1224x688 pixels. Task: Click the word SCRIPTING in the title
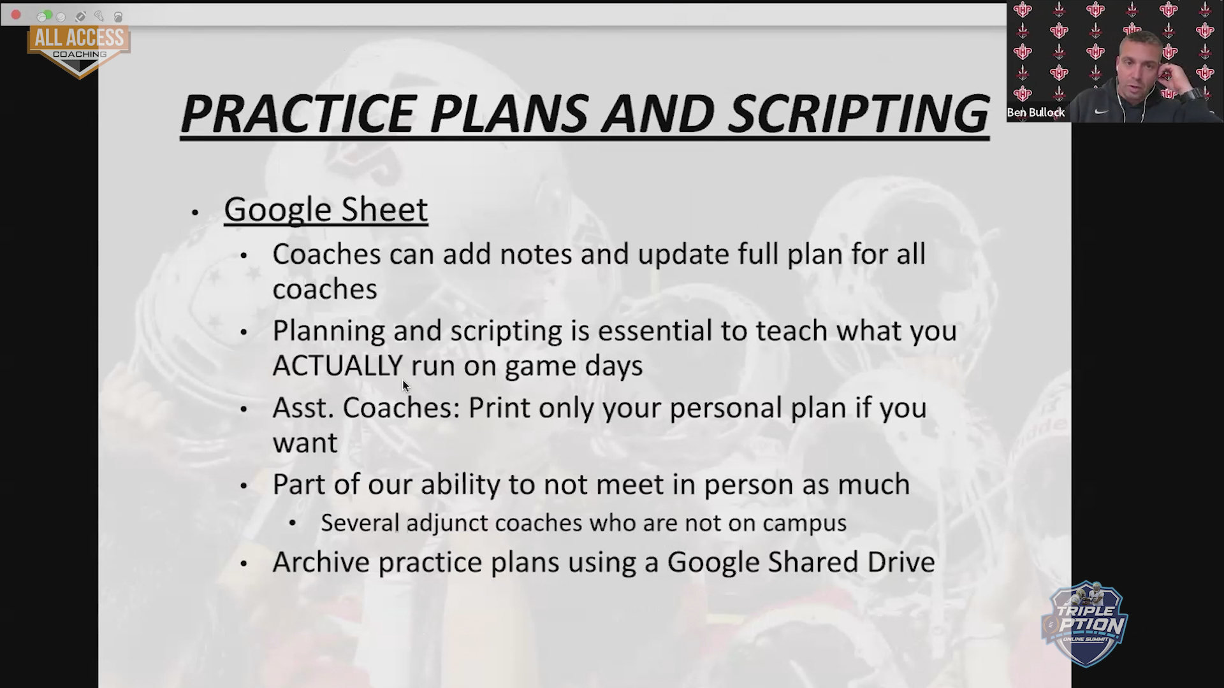pyautogui.click(x=858, y=113)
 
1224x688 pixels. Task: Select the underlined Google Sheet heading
pyautogui.click(x=326, y=210)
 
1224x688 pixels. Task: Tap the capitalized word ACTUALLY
pyautogui.click(x=338, y=366)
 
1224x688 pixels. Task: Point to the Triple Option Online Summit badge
pyautogui.click(x=1084, y=624)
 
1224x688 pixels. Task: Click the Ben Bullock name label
pyautogui.click(x=1036, y=113)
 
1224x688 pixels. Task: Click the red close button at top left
pyautogui.click(x=16, y=15)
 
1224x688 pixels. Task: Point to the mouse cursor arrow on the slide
pyautogui.click(x=406, y=386)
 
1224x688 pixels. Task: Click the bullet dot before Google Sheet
pyautogui.click(x=195, y=213)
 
